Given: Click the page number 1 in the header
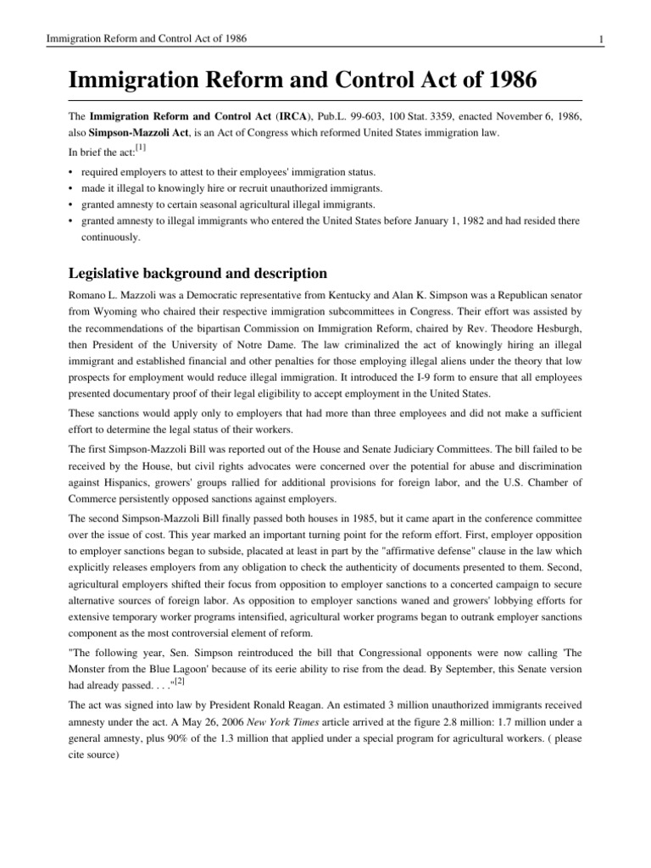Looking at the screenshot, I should point(600,40).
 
